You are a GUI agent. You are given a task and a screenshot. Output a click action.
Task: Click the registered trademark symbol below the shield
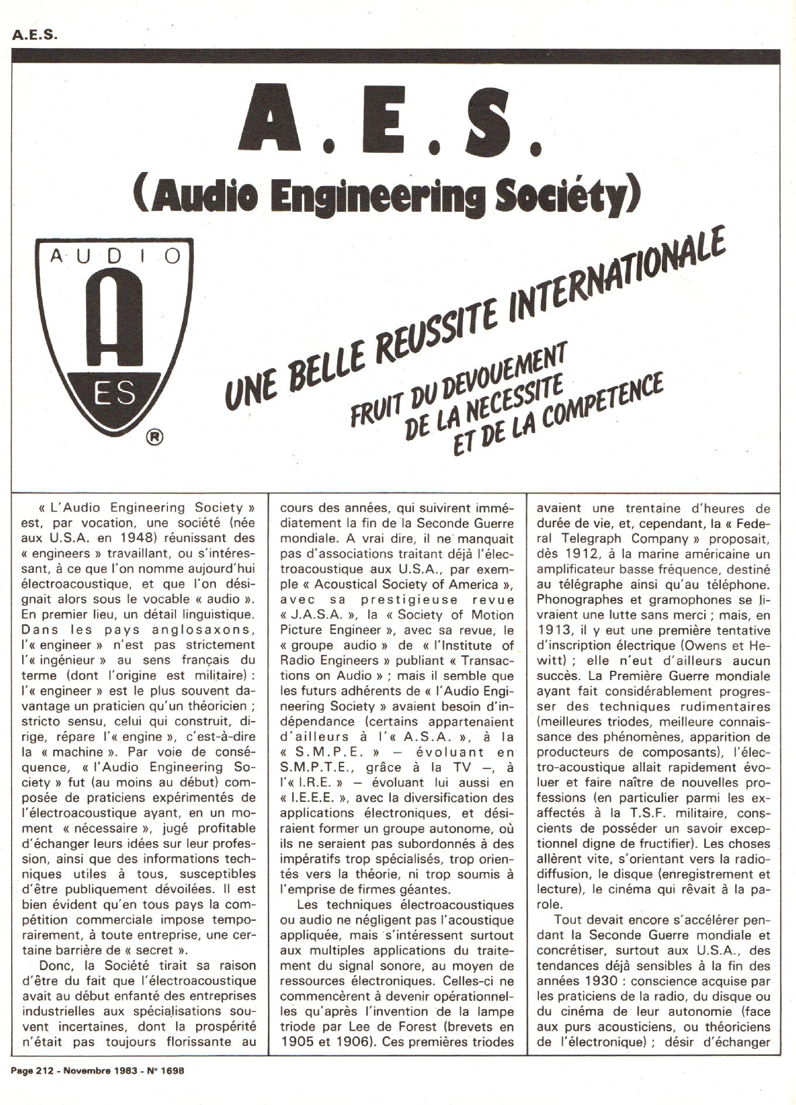point(155,436)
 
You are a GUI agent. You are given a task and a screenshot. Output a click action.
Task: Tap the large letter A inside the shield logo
point(114,319)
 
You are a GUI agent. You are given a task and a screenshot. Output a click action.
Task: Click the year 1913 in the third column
point(553,630)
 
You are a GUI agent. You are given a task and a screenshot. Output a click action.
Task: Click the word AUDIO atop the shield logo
point(115,255)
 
